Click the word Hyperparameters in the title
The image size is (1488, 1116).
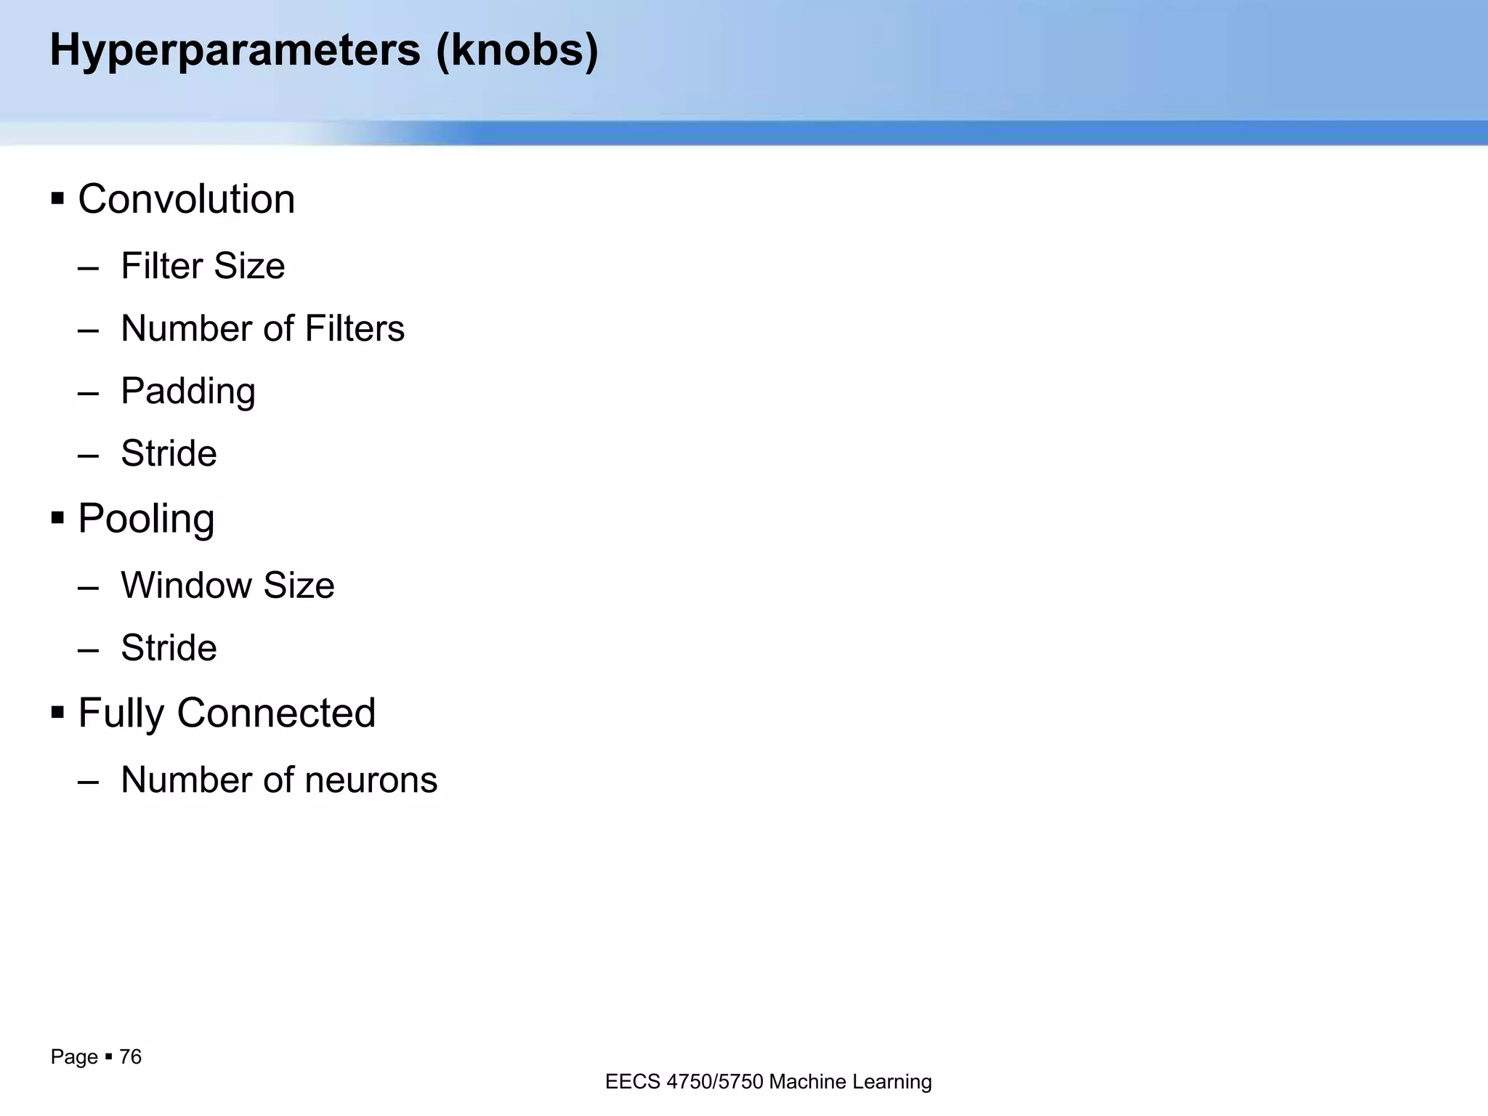coord(235,51)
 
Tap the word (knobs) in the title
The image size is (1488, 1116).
coord(517,51)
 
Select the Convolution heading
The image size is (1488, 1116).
coord(186,199)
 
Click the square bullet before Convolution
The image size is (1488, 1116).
coord(58,198)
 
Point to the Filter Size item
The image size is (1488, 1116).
coord(203,266)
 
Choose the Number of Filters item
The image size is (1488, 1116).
coord(262,328)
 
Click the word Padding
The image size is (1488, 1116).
coord(188,392)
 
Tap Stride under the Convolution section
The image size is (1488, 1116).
coord(169,453)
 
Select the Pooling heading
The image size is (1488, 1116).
coord(146,519)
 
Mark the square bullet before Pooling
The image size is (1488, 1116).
coord(58,518)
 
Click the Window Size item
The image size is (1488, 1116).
coord(227,586)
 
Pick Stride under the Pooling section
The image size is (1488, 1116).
coord(169,648)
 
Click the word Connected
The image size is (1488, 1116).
coord(276,713)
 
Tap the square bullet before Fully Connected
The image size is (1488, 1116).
coord(58,712)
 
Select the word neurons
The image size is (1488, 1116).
coord(371,780)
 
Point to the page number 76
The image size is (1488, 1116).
coord(130,1056)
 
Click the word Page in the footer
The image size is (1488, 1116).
coord(74,1057)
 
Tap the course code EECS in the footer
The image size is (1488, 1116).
coord(633,1082)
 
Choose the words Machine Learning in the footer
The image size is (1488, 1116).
coord(850,1082)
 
